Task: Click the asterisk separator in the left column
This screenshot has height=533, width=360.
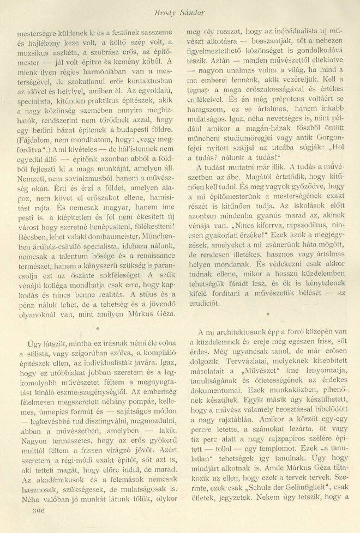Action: pyautogui.click(x=97, y=329)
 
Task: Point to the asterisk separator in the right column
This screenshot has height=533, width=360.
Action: pyautogui.click(x=268, y=314)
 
